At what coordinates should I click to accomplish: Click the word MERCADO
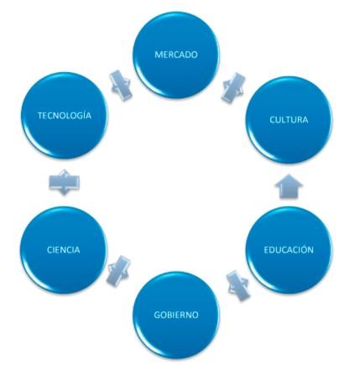[x=176, y=55]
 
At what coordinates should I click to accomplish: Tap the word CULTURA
[x=289, y=120]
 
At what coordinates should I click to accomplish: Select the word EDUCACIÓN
[x=289, y=249]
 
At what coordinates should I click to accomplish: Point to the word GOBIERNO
[x=176, y=315]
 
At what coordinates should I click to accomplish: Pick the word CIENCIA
[x=64, y=249]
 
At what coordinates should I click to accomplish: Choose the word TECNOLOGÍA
[x=65, y=115]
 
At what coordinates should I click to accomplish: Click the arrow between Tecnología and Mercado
[x=121, y=85]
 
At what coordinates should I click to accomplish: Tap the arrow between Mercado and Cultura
[x=233, y=87]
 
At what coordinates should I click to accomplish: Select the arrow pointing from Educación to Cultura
[x=289, y=186]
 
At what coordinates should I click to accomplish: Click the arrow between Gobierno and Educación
[x=238, y=284]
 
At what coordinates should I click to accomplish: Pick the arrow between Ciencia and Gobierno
[x=118, y=271]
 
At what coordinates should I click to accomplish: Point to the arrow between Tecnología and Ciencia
[x=64, y=182]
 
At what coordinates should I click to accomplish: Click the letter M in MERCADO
[x=159, y=55]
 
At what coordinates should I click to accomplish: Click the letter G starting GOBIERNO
[x=157, y=315]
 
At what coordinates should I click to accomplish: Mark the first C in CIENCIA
[x=50, y=250]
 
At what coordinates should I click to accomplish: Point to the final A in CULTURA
[x=305, y=120]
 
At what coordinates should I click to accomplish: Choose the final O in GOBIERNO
[x=195, y=315]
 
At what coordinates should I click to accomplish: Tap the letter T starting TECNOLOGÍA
[x=40, y=116]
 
